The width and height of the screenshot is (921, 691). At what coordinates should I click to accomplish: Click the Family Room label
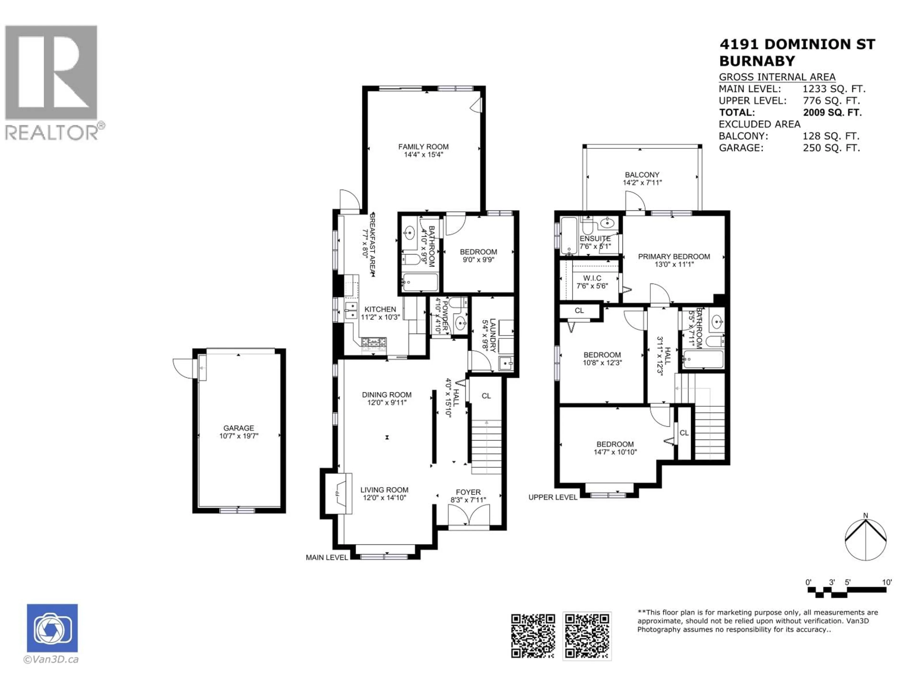pos(423,147)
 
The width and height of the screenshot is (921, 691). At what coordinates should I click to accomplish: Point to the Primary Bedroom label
pos(674,256)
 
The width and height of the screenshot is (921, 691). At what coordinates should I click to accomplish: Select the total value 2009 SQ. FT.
pos(832,113)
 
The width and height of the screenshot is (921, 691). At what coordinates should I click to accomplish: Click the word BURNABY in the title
pos(756,61)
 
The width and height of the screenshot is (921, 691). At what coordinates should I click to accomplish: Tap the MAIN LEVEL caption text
pos(326,557)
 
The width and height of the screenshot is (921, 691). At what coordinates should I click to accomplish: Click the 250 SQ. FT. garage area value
pos(831,148)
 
